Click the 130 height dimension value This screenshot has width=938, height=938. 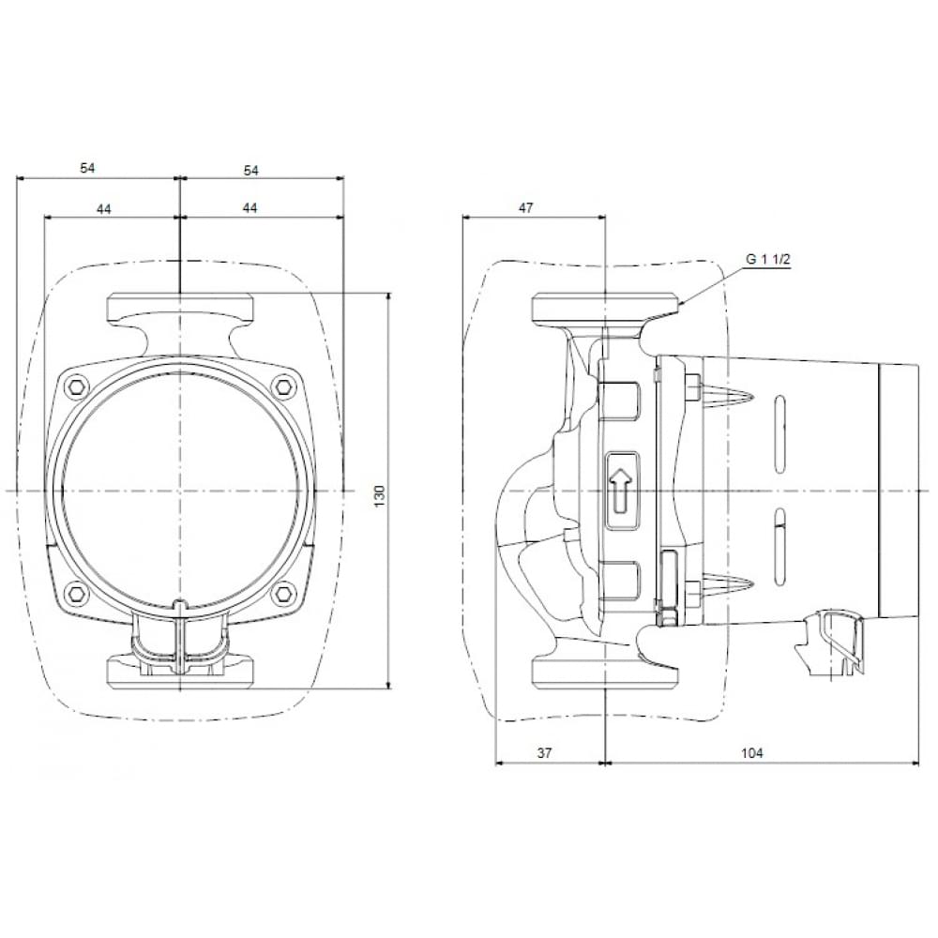click(x=380, y=495)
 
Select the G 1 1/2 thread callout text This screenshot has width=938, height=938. click(x=768, y=260)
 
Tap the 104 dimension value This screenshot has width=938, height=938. click(x=751, y=753)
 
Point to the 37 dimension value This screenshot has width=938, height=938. click(x=544, y=753)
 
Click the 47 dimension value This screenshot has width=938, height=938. click(x=525, y=208)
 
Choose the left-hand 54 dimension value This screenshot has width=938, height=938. click(x=87, y=169)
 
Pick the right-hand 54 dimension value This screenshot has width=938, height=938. click(x=251, y=170)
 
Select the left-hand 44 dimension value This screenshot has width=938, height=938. click(x=104, y=208)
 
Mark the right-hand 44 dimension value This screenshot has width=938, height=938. click(x=250, y=208)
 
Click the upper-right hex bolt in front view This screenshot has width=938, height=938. click(x=281, y=386)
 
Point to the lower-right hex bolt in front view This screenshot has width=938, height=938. click(x=281, y=594)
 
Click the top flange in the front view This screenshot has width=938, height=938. click(x=179, y=307)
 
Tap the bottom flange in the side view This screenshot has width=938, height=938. click(x=606, y=673)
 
